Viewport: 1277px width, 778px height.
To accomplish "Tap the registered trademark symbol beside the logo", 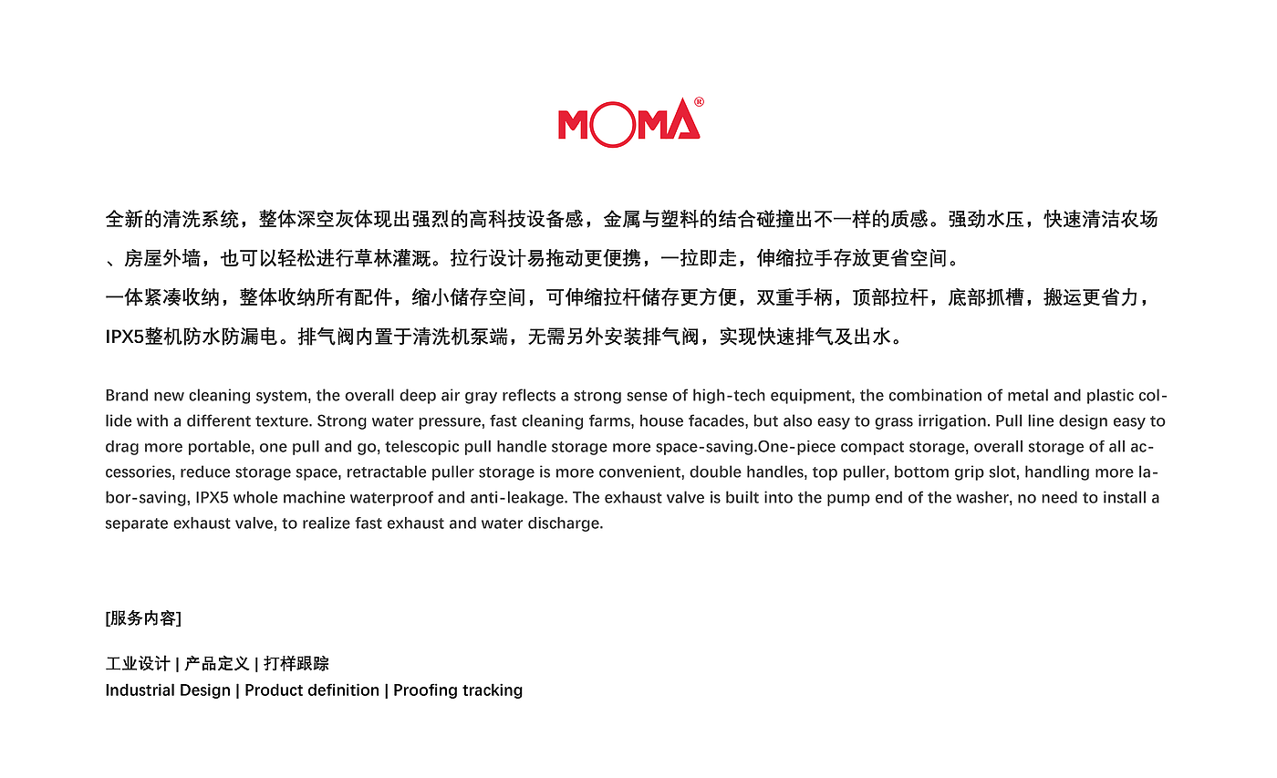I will [699, 103].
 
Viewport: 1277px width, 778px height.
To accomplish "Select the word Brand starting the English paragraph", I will [126, 396].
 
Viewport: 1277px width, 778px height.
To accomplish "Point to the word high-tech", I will [727, 396].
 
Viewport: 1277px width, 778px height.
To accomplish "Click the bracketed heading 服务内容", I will [143, 618].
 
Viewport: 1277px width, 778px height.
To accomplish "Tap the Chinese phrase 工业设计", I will [138, 664].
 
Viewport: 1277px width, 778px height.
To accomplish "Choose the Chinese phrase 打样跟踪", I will [296, 664].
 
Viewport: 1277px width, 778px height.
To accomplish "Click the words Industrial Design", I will [168, 690].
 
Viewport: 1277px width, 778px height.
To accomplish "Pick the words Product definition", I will [312, 690].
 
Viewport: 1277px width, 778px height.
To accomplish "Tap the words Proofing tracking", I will [458, 690].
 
